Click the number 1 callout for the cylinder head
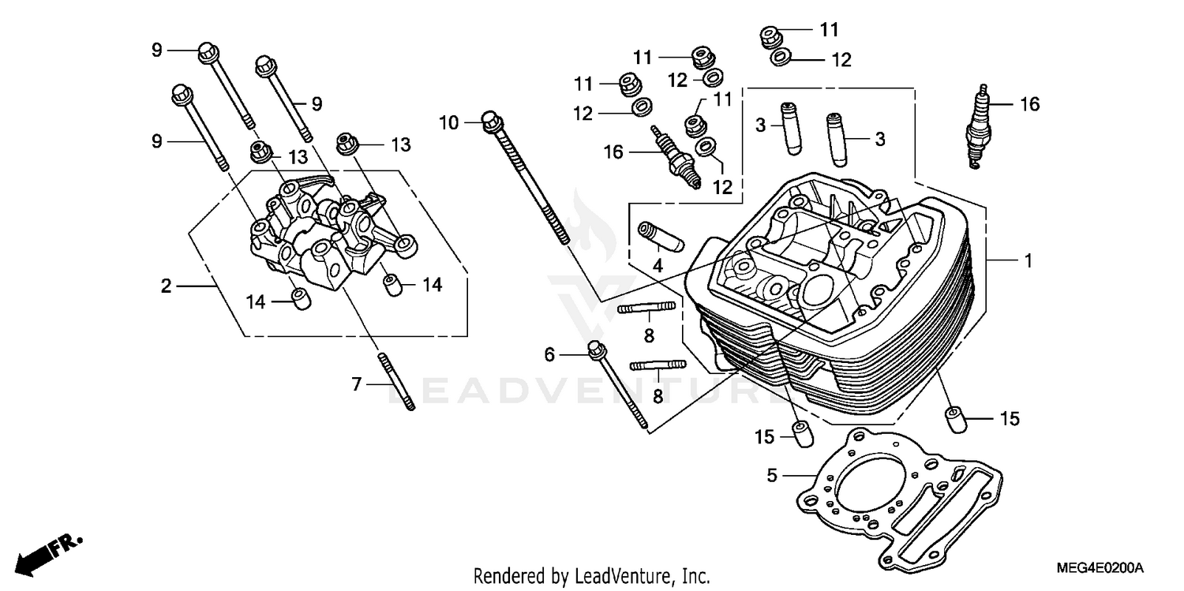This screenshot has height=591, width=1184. pos(1027,260)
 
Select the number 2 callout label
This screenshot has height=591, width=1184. pos(166,286)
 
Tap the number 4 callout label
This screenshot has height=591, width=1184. pos(657,266)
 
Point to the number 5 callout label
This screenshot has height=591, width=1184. pos(772,476)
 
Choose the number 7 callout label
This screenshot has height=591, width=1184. pos(356,385)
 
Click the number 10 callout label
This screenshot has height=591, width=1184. pos(448,122)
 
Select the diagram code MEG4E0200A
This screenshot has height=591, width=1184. pos(1101,568)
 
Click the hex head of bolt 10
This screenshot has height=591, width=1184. pos(489,122)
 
